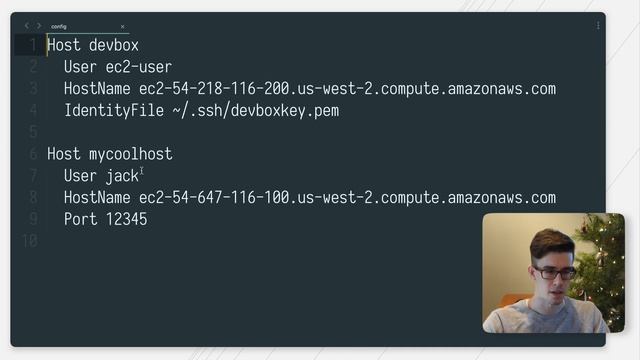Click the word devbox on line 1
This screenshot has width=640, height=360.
coord(114,45)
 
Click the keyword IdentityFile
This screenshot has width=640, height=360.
coord(108,110)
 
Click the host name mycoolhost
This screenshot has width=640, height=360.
coord(131,154)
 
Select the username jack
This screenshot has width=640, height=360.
coord(122,176)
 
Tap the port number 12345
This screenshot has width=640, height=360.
coord(126,219)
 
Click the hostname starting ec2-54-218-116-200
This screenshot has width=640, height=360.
coord(347,89)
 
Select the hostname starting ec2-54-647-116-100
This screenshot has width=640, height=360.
coord(347,198)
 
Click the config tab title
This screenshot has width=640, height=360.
coord(59,26)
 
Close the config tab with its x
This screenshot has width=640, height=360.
coord(123,26)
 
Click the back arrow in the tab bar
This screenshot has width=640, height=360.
coord(27,26)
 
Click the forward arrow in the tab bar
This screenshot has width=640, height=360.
coord(39,26)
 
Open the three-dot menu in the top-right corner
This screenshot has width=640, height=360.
coord(599,26)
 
